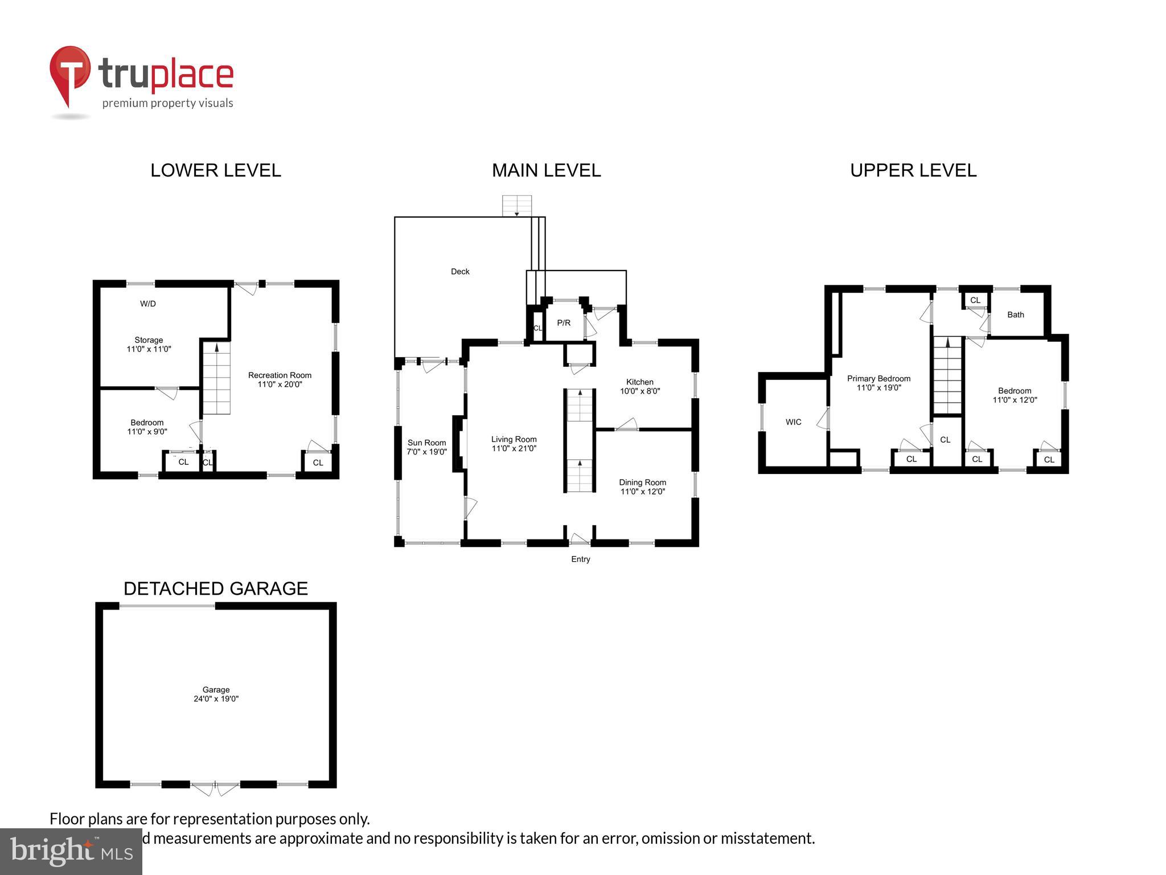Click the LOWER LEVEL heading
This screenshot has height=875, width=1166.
(215, 170)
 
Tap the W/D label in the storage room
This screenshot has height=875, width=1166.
(148, 304)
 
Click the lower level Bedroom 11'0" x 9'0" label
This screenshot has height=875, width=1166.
(147, 427)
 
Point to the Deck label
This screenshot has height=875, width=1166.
(460, 272)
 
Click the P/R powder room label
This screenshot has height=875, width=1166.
(564, 323)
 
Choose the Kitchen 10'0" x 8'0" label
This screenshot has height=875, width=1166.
(640, 386)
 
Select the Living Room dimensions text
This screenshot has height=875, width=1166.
(514, 449)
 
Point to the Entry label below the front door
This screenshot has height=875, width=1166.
(581, 559)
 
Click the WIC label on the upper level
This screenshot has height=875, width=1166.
(793, 422)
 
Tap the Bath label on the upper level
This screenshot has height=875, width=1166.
(1016, 314)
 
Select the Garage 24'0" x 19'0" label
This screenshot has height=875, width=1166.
(216, 694)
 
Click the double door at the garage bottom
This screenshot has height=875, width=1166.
(215, 788)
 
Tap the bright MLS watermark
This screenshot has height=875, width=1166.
(71, 851)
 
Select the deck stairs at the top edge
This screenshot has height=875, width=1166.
(517, 206)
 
